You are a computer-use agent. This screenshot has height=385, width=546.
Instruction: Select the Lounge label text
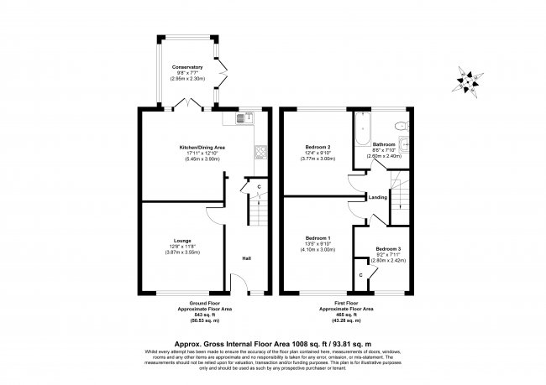click(171, 240)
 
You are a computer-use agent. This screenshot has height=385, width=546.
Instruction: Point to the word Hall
click(246, 258)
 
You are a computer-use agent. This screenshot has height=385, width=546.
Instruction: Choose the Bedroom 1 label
click(317, 238)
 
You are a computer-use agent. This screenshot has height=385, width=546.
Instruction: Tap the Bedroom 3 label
click(388, 249)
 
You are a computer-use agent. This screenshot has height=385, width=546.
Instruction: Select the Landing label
click(377, 198)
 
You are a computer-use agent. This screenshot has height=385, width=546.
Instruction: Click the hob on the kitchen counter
click(260, 153)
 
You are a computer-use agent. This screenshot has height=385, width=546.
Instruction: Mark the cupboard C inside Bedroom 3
click(361, 274)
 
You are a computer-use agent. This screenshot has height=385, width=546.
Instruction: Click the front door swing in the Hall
click(238, 288)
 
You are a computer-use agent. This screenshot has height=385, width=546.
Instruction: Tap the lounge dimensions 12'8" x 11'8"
click(171, 246)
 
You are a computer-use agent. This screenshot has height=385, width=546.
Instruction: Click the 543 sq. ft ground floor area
click(203, 315)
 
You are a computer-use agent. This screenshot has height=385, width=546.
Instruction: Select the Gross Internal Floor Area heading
click(272, 342)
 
